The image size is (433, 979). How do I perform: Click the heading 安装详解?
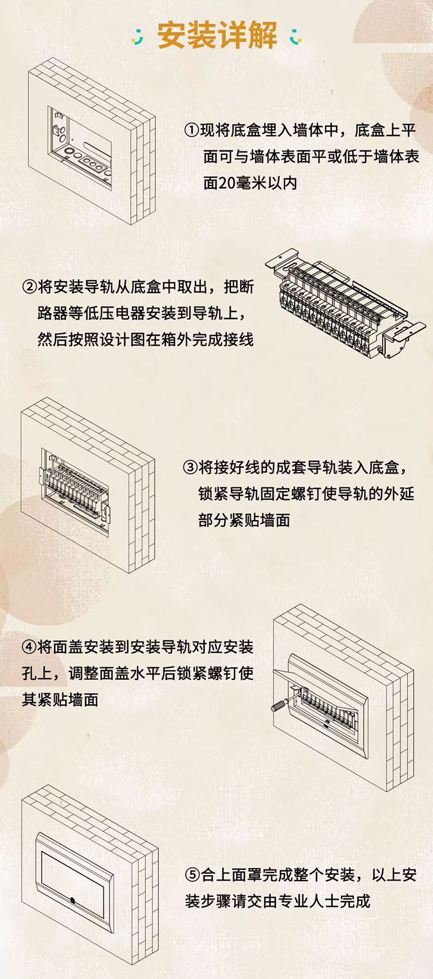point(217,36)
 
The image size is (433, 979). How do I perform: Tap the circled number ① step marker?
point(192,130)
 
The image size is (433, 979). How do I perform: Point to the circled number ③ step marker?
point(191,467)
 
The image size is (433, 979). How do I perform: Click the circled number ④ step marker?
point(29,647)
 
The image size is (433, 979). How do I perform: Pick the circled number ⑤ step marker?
point(193,875)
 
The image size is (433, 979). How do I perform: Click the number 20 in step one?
point(226,183)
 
